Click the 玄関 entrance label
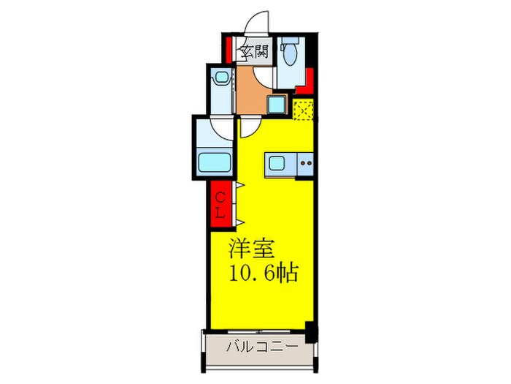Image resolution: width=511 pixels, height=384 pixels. pos(253,52)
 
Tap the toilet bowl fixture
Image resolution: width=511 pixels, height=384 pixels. pos(290,57)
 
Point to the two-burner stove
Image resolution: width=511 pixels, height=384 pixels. pos(306,165)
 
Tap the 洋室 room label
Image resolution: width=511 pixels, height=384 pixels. pos(252,249)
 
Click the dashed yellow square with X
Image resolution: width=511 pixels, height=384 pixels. pos(304,110)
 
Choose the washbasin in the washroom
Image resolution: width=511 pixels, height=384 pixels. pos(219,76)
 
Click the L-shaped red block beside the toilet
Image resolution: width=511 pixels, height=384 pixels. pos(307,81)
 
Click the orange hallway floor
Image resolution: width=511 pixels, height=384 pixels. pos(252,91)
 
